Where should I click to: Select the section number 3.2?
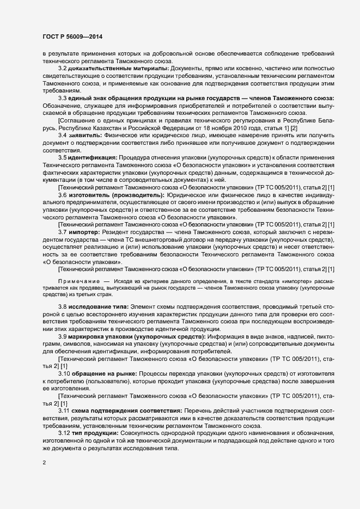pyautogui.click(x=63, y=68)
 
